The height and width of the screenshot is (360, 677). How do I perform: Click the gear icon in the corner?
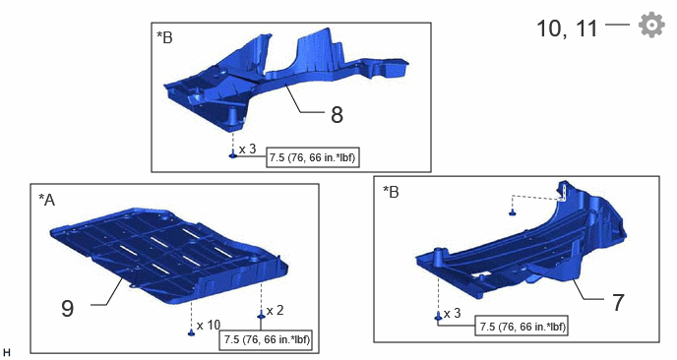coord(651,25)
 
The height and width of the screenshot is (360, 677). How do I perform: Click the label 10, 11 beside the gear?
coord(567,29)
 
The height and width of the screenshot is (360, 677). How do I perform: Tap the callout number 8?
coord(337,115)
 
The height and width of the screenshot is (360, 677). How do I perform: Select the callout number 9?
coord(67,308)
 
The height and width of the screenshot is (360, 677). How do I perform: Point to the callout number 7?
coord(618,302)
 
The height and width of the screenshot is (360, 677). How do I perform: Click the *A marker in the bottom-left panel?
coord(46,200)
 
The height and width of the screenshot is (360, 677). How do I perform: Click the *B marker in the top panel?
coord(164,37)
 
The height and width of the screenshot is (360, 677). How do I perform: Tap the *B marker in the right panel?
coord(391,192)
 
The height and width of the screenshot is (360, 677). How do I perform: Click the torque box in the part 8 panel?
coord(313,157)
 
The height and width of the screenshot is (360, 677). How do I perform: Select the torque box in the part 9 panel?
coord(266,339)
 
